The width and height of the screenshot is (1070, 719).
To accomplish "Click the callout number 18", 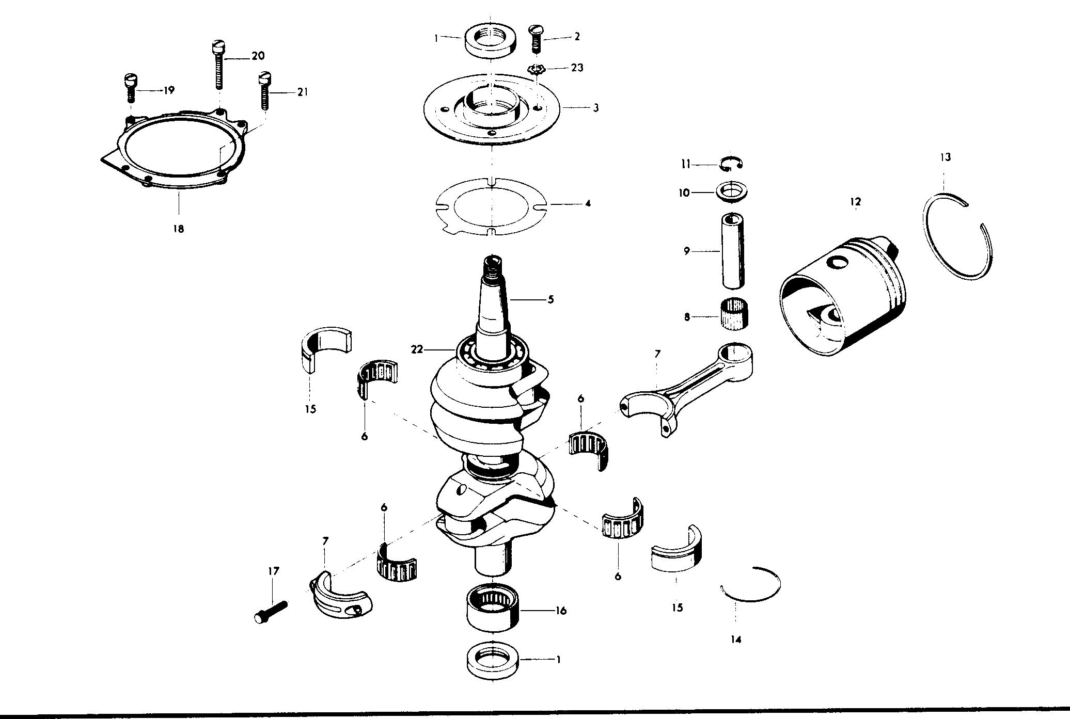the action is coord(178,229).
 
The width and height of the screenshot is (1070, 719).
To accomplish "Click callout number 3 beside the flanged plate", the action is coord(595,108).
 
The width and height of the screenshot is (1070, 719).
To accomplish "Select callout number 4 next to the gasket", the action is coord(588,203).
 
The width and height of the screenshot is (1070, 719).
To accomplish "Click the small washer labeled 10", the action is coord(731,191).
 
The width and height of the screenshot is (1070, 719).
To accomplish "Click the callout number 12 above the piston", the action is coord(856,201).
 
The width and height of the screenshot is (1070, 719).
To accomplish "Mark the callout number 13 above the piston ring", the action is coord(945,157).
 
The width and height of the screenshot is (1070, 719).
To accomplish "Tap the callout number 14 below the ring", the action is coord(736,639).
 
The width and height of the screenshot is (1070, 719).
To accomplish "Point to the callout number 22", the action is coord(417,349).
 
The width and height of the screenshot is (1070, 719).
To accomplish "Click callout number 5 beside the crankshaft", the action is coord(550,299).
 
